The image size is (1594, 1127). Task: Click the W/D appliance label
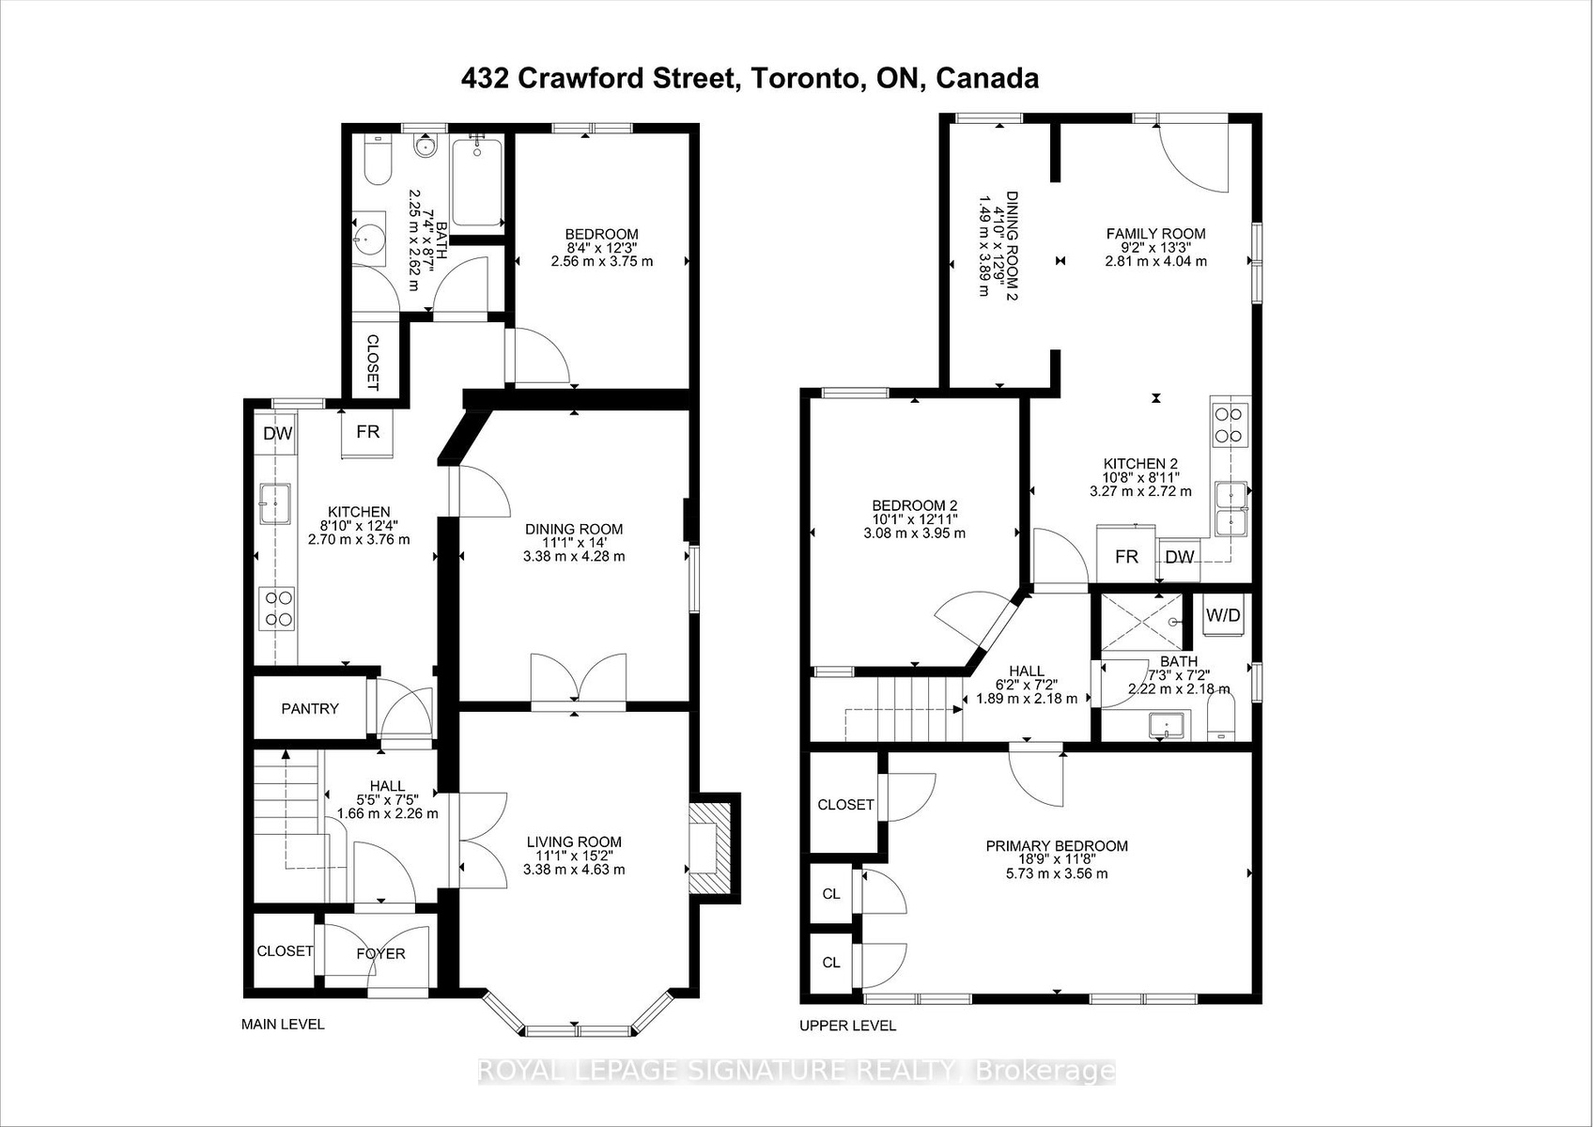[x=1223, y=615]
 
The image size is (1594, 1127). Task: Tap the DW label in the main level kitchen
[x=277, y=433]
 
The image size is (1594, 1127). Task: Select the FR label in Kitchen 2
[x=1126, y=556]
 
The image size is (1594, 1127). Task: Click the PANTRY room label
[x=310, y=709]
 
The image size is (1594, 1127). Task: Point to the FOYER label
[x=380, y=953]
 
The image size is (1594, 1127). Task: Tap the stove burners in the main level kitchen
[x=277, y=609]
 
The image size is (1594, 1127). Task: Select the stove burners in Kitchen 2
[x=1230, y=425]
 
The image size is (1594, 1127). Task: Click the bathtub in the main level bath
[x=477, y=183]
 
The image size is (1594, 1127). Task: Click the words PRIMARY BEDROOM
[x=1057, y=846]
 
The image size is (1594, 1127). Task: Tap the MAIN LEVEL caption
[x=283, y=1025]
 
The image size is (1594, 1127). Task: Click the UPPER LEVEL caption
[x=847, y=1026]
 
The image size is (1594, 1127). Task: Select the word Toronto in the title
[x=804, y=78]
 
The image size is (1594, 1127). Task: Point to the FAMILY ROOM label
[x=1155, y=233]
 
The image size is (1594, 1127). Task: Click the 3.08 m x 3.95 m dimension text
[x=915, y=533]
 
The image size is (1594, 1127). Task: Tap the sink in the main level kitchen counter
[x=274, y=503]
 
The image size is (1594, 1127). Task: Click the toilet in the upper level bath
[x=1221, y=717]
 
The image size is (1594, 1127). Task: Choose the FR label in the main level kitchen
[x=368, y=431]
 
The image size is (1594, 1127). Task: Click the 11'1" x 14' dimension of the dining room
[x=574, y=543]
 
